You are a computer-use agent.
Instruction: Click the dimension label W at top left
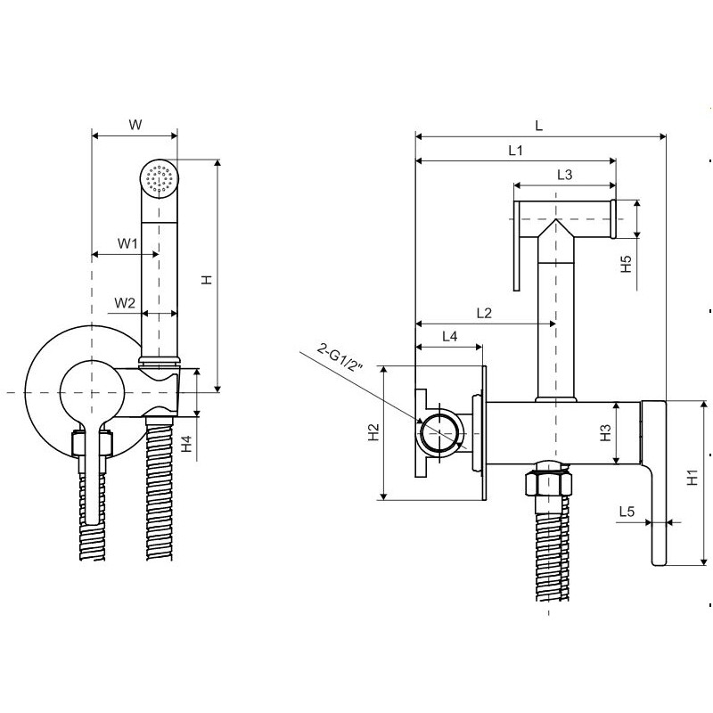[x=135, y=125]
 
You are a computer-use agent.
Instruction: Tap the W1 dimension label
[x=127, y=242]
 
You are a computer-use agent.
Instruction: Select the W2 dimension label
[x=125, y=303]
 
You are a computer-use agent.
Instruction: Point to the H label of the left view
[x=207, y=279]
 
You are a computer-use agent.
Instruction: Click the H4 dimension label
[x=186, y=443]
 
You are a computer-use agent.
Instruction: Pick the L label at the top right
[x=539, y=125]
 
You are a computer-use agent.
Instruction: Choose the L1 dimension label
[x=515, y=152]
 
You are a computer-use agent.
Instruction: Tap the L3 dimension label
[x=563, y=175]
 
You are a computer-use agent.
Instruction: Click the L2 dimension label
[x=485, y=313]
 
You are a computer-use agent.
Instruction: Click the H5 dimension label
[x=627, y=264]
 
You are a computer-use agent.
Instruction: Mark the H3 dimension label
[x=605, y=433]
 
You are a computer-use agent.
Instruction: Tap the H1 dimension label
[x=693, y=479]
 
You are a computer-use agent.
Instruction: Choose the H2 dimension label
[x=373, y=432]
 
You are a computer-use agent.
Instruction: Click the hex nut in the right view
[x=546, y=483]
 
